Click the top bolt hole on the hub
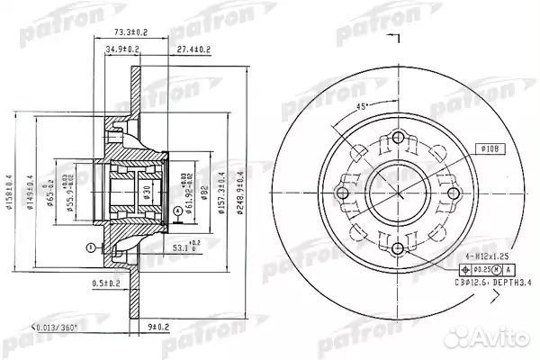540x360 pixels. (397, 137)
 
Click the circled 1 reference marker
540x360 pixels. (90, 247)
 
